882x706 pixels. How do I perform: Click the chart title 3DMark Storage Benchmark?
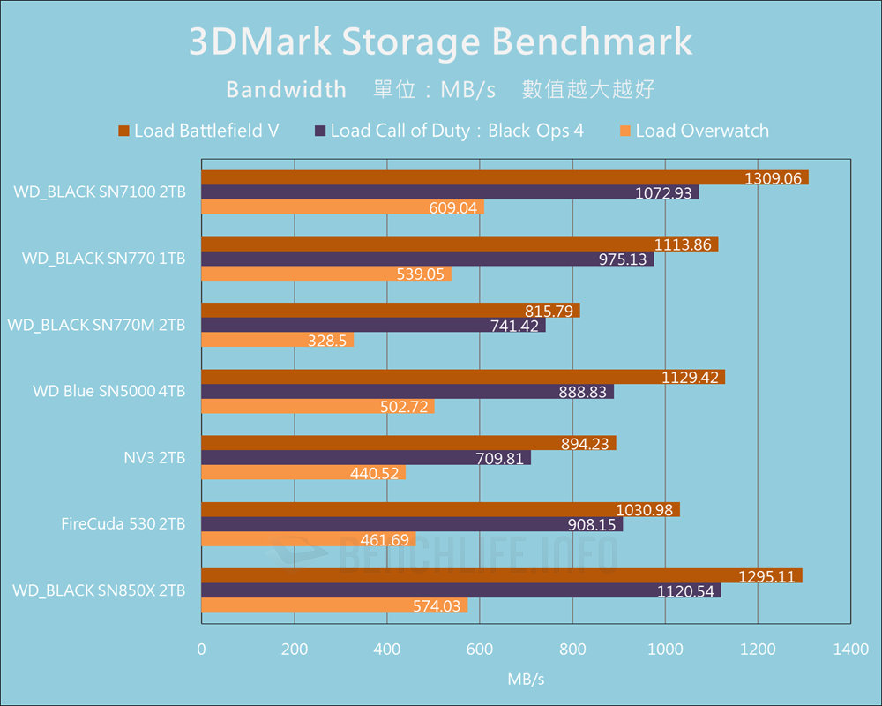click(440, 42)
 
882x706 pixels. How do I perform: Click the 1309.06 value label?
click(773, 178)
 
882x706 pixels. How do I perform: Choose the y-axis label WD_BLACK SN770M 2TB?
click(97, 325)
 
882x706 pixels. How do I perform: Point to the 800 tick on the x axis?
click(572, 650)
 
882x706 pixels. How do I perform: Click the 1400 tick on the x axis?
click(849, 650)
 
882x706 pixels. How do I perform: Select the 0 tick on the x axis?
click(202, 650)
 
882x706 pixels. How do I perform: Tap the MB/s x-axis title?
click(526, 680)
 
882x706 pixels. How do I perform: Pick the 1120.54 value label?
click(685, 591)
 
